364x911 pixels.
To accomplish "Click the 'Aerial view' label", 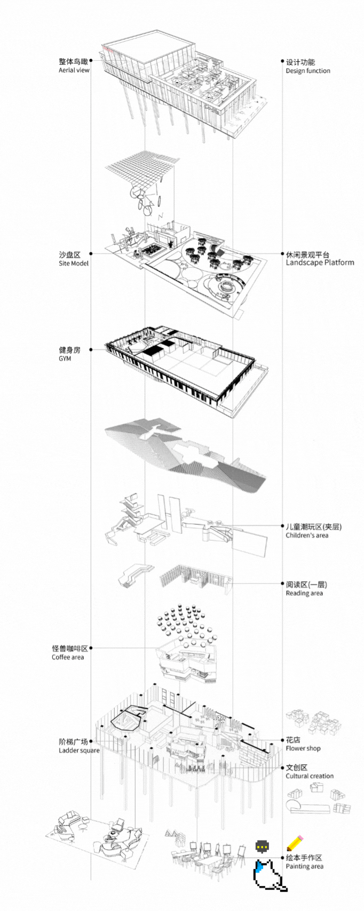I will [74, 70].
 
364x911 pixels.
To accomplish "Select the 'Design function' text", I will [307, 71].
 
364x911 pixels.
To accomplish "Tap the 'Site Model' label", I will [74, 263].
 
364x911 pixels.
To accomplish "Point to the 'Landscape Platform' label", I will [320, 262].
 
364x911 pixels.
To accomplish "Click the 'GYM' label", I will [65, 359].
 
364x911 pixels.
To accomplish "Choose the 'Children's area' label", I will [307, 536].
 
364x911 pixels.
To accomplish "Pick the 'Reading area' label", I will [304, 593].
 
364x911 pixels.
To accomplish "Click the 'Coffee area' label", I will [68, 657].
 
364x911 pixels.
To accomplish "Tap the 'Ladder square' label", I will [79, 750].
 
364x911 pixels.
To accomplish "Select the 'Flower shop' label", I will [303, 748].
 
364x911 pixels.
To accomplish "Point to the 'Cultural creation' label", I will [310, 776].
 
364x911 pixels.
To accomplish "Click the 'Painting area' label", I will [304, 866].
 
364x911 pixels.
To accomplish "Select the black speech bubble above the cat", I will [262, 846].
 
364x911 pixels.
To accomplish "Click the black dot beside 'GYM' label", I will [91, 350].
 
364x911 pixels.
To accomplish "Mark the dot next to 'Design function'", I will [282, 62].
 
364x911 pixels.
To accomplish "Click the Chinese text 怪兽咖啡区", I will [70, 649].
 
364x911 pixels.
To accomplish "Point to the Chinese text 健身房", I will [69, 350].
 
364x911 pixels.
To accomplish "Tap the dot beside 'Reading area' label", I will [282, 585].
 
